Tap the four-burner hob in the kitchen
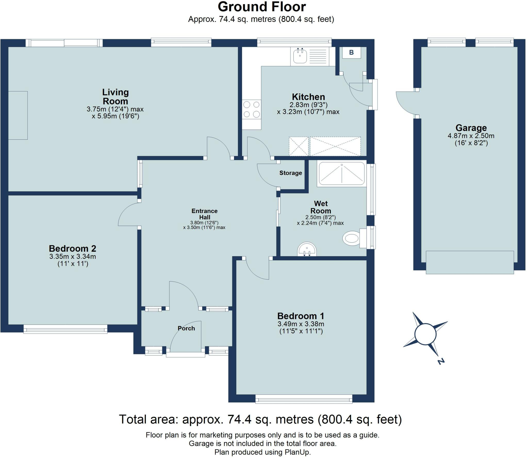251,109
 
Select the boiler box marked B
351,53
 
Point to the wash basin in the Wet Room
307,249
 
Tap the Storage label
291,173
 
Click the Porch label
186,328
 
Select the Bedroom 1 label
301,316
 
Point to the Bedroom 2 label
72,248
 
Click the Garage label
471,128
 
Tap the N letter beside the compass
441,361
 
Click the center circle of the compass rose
425,334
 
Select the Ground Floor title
262,7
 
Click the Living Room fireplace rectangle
18,115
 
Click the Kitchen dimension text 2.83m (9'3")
308,105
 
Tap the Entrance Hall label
204,214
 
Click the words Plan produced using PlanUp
262,452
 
